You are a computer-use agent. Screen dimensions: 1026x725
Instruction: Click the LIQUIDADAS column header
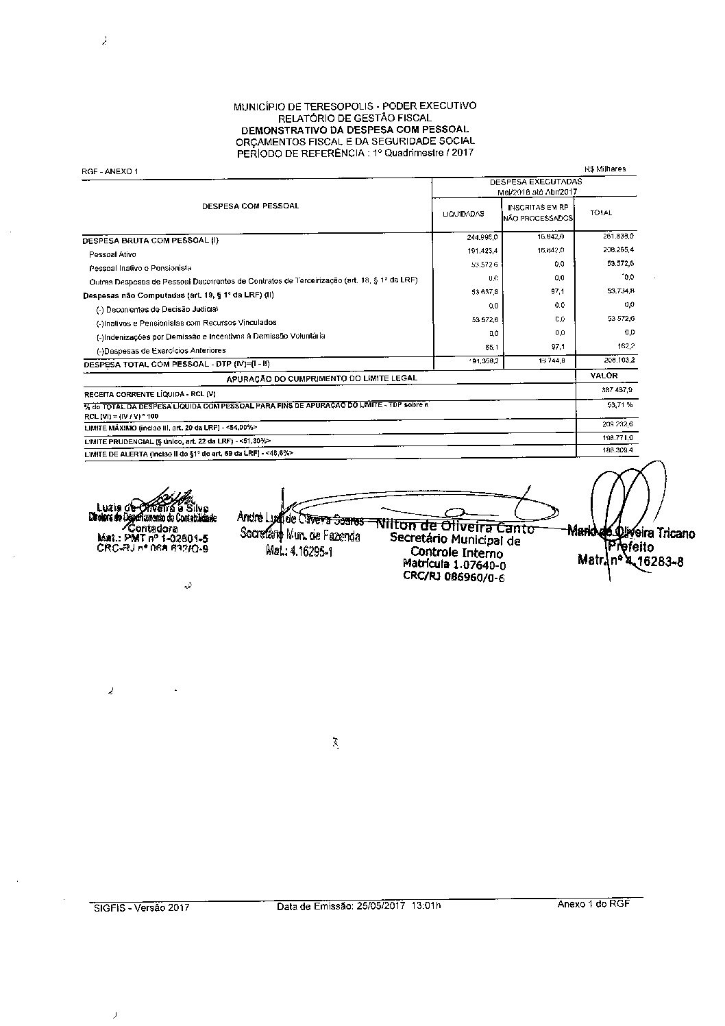463,214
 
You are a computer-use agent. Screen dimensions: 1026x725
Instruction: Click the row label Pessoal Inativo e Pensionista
140,268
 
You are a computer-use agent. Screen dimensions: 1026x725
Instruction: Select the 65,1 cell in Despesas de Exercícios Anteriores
489,347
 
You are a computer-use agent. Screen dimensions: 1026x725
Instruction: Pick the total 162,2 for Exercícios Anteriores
624,347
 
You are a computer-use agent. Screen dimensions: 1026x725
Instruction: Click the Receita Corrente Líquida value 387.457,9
617,390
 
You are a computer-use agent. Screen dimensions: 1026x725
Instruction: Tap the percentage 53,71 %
619,406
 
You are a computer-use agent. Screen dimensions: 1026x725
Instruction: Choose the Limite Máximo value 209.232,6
617,425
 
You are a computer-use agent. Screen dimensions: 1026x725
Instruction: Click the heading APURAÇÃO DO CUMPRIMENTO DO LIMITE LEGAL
322,378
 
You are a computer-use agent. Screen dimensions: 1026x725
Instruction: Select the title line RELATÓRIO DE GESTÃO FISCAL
354,118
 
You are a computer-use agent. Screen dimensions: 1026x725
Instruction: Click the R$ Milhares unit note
605,169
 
